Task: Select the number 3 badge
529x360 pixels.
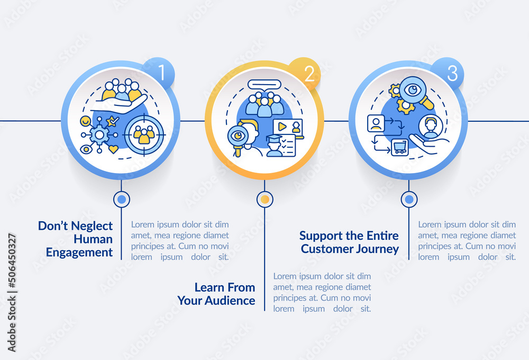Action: [x=451, y=74]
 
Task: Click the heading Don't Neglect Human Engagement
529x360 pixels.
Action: [x=76, y=239]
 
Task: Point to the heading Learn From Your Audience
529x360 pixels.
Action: [x=216, y=294]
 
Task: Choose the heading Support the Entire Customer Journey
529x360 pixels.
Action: [x=349, y=242]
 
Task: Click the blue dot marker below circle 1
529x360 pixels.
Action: [x=122, y=199]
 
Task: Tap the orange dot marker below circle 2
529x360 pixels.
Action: [x=264, y=199]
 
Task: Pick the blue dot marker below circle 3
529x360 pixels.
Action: [x=408, y=199]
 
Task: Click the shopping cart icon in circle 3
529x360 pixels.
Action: [x=399, y=146]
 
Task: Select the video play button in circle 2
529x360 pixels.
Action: [x=282, y=127]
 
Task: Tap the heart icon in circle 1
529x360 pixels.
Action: [x=113, y=149]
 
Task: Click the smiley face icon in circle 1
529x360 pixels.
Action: [x=85, y=121]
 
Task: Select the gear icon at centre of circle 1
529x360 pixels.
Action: [x=99, y=135]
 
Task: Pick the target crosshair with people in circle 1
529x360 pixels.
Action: [x=144, y=135]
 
